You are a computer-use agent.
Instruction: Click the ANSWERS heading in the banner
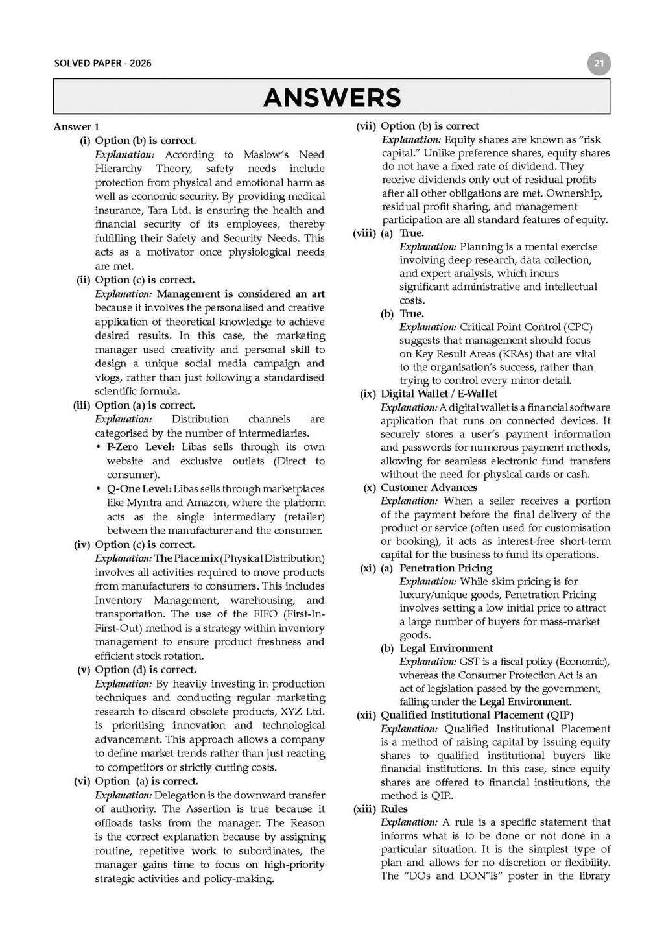[331, 97]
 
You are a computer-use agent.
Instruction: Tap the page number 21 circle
[599, 64]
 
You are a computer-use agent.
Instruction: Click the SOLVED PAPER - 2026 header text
[102, 64]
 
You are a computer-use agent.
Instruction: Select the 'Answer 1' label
[76, 127]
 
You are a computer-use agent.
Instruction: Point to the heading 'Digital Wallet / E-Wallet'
[439, 394]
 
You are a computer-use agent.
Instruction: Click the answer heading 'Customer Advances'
[429, 488]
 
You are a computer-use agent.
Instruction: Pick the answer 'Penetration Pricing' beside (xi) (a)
[445, 568]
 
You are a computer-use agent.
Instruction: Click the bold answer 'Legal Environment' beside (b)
[446, 649]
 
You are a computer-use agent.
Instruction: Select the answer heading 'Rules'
[394, 809]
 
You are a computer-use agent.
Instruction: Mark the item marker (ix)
[369, 394]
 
